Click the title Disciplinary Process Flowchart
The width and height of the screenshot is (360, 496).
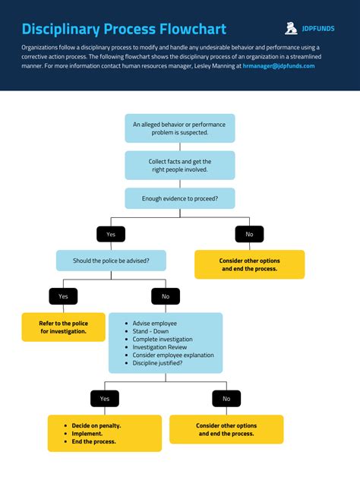(124, 30)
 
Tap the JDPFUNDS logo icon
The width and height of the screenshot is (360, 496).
(291, 29)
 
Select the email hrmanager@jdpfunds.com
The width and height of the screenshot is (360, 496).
(279, 66)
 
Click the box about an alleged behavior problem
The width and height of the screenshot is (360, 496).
(180, 128)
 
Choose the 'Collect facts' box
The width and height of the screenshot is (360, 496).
(180, 165)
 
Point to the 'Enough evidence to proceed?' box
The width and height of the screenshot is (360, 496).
(180, 198)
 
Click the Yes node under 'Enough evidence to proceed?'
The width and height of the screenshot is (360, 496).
(111, 234)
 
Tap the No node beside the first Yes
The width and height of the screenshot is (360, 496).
(249, 234)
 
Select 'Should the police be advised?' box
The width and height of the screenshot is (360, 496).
(111, 261)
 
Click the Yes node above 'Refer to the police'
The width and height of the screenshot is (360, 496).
(63, 296)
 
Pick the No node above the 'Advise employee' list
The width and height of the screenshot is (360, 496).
(166, 296)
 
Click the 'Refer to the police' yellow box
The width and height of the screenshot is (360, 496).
(63, 327)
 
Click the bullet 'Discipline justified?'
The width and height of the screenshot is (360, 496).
(168, 362)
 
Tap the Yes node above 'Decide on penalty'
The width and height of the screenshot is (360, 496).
(105, 398)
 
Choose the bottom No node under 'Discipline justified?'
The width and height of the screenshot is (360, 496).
(226, 398)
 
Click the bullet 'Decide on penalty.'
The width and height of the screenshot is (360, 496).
(96, 425)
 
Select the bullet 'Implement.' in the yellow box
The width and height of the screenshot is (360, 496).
(87, 433)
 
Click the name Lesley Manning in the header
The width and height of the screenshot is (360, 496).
(215, 66)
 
